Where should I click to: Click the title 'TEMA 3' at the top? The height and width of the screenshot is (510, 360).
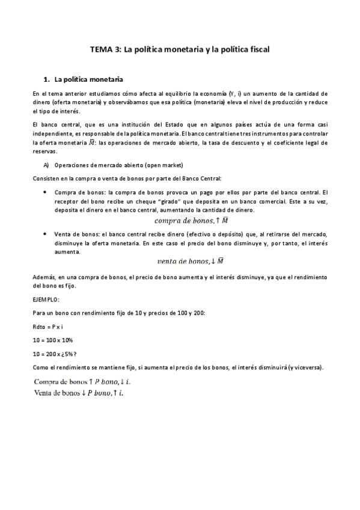[x=104, y=51]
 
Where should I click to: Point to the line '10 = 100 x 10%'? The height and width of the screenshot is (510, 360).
[x=53, y=339]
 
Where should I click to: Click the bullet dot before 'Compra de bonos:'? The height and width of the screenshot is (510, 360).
[x=46, y=191]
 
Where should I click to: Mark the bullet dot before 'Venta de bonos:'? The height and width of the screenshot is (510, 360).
[x=46, y=232]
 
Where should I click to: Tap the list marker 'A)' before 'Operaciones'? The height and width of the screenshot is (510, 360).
[x=46, y=165]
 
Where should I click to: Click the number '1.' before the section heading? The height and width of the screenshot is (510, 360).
[x=46, y=79]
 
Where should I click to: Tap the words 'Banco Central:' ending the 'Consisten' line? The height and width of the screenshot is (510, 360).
[x=202, y=178]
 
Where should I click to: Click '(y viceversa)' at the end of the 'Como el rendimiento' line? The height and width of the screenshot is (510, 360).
[x=306, y=367]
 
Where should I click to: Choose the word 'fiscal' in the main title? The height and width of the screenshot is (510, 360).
[x=258, y=51]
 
